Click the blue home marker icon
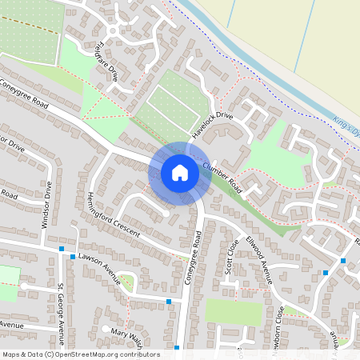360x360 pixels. point(179,173)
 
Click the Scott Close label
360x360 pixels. point(233,256)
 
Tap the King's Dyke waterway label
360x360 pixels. point(346,128)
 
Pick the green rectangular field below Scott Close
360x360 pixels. point(234,311)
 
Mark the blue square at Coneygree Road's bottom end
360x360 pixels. point(177,349)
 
